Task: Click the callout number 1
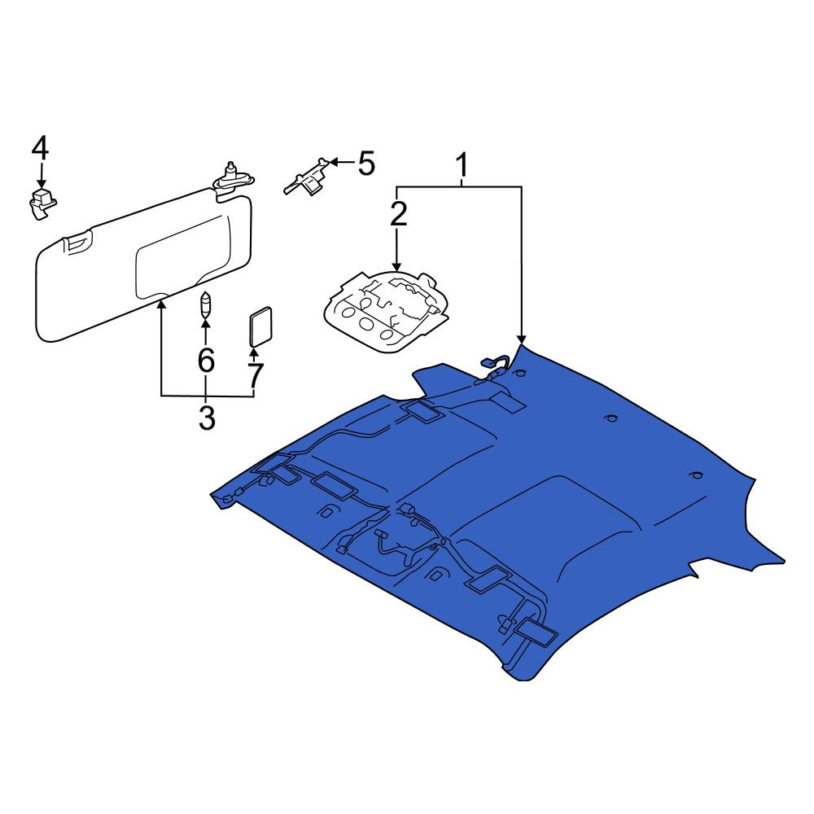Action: [x=462, y=164]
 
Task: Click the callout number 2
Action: [x=398, y=214]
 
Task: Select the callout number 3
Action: [x=207, y=418]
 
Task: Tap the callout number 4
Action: [x=41, y=147]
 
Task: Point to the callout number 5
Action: [x=366, y=163]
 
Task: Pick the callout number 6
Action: [x=206, y=360]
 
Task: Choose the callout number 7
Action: [x=254, y=375]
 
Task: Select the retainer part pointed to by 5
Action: [x=306, y=177]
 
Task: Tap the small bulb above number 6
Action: [x=206, y=306]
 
